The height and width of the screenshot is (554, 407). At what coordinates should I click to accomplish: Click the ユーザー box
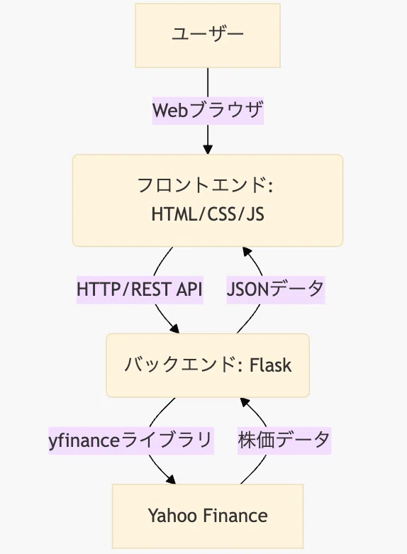tap(208, 35)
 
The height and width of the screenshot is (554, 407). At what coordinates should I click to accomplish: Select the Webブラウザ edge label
tap(208, 111)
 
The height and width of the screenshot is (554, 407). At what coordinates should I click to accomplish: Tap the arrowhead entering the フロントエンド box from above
tap(208, 150)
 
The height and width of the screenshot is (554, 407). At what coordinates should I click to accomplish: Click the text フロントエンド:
tap(205, 185)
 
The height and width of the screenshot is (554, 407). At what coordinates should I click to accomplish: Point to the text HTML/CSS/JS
tap(208, 214)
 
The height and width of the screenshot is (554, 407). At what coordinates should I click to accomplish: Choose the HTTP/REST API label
tap(140, 289)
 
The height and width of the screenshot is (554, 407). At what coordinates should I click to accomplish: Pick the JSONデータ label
tap(276, 289)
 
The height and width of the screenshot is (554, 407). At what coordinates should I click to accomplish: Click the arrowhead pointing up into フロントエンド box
tap(247, 252)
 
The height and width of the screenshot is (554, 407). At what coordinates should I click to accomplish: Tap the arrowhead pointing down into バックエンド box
tap(174, 328)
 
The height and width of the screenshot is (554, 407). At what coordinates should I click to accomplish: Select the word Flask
tap(271, 365)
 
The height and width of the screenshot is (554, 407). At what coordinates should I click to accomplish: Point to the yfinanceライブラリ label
tap(131, 441)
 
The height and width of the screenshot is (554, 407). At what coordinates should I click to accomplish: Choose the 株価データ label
tap(284, 441)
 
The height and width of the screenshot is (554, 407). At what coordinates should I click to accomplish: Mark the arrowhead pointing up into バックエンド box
tap(245, 402)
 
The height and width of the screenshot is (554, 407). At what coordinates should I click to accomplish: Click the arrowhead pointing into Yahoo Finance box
tap(171, 479)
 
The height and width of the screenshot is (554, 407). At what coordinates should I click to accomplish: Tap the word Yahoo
tap(173, 516)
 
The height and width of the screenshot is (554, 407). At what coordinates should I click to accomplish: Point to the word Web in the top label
tap(170, 110)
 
